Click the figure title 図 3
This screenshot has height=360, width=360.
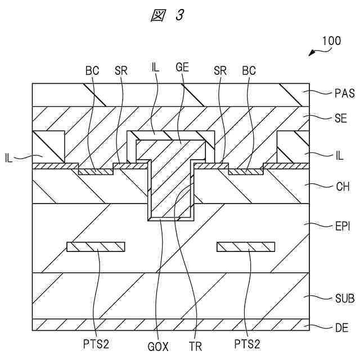[167, 16]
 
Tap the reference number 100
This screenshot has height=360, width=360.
[331, 41]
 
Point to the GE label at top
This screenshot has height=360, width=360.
[182, 67]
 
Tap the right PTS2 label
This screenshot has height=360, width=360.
[247, 343]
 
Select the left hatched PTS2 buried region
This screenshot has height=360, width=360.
[96, 246]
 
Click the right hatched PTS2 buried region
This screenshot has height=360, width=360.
[246, 246]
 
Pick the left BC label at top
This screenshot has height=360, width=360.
[92, 71]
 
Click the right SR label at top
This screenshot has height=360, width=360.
[220, 71]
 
